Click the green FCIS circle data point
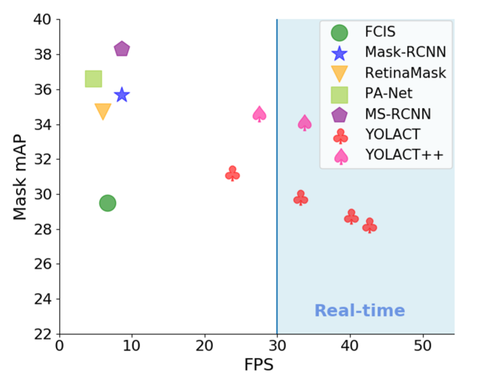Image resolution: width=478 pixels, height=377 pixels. point(107,203)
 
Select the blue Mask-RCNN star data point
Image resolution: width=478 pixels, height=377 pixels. point(122,95)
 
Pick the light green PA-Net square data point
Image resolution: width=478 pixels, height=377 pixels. point(94,79)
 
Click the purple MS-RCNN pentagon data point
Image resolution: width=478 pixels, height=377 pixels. point(122,49)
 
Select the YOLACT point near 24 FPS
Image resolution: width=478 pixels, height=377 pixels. point(232,174)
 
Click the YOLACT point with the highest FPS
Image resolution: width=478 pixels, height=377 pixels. point(369,226)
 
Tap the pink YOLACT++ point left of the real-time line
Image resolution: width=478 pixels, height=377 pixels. point(260,114)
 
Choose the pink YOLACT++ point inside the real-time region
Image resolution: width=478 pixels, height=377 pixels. point(305,123)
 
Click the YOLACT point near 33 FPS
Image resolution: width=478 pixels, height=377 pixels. point(300,197)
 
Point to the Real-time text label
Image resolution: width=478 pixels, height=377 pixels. point(360,311)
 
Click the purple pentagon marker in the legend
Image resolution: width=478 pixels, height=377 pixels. point(340,115)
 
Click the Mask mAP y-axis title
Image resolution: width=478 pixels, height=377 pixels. point(20,176)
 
